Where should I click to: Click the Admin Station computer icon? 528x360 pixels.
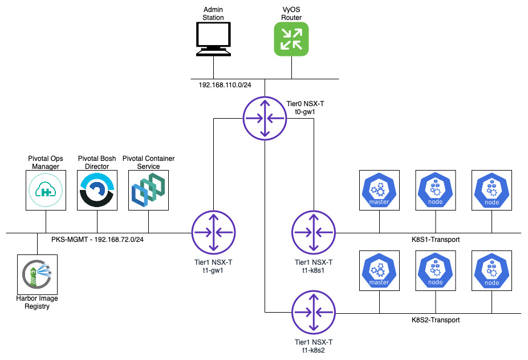point(214,39)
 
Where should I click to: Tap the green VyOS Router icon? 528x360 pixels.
point(291,39)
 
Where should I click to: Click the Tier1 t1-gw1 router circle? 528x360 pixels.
point(213,232)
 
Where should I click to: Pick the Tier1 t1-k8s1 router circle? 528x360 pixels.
point(314,232)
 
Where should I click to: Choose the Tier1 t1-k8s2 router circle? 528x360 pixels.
point(314,312)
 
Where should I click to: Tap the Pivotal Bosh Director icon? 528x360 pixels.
point(97,191)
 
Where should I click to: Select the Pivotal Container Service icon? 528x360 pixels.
point(148,191)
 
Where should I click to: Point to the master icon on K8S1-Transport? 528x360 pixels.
point(379,191)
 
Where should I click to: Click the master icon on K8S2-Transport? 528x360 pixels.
point(379,270)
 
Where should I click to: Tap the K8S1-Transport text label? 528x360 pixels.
point(436,240)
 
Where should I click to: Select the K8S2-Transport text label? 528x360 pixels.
point(436,319)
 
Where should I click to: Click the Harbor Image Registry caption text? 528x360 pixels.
point(36,302)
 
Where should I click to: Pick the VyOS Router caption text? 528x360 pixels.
point(291,14)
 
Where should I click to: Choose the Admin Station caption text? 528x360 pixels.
point(214,14)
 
